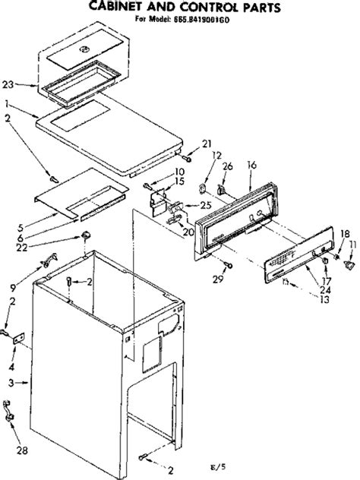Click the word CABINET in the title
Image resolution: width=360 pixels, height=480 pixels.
[x=119, y=6]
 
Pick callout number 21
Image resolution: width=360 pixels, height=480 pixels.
[x=206, y=144]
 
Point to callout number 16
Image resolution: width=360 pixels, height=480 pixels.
[x=252, y=164]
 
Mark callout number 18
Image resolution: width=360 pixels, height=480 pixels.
[x=344, y=233]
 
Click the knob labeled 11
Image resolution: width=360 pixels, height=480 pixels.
[x=349, y=264]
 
